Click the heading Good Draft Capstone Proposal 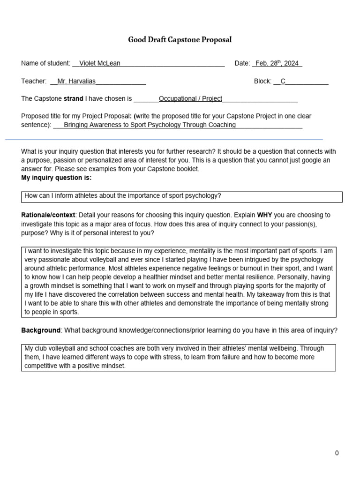click(x=180, y=40)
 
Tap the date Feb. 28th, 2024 click(x=277, y=63)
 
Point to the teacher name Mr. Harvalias click(x=76, y=81)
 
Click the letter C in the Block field click(x=283, y=81)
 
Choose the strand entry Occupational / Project click(x=190, y=99)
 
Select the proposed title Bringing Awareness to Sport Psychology click(x=150, y=125)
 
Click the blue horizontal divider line click(x=164, y=139)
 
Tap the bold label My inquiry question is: click(x=56, y=178)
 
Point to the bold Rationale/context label click(x=48, y=215)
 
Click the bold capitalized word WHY click(x=265, y=215)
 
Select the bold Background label click(x=41, y=330)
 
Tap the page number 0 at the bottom click(x=337, y=453)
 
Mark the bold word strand click(x=73, y=99)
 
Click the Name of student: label click(x=45, y=63)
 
